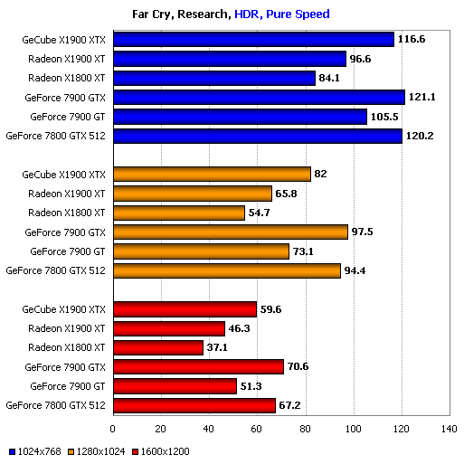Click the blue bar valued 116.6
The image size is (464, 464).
point(253,40)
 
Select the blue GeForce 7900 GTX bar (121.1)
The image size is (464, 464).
point(259,97)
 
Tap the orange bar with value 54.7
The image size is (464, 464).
point(179,213)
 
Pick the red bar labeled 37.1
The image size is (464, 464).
point(158,347)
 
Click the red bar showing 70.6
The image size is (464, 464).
point(198,366)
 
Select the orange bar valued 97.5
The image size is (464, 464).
point(230,232)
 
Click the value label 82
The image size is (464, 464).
point(322,174)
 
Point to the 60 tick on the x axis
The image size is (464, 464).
point(257,429)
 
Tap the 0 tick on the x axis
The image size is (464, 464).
point(113,429)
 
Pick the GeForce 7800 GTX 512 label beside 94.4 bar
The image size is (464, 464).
point(56,270)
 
